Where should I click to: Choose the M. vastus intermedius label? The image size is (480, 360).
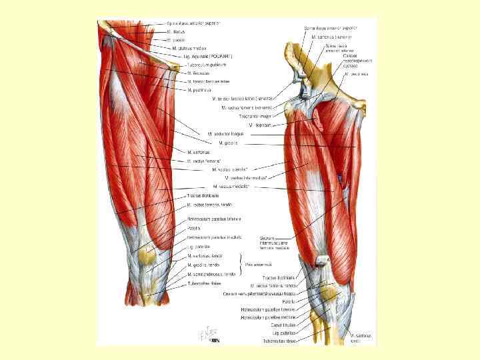click(x=246, y=178)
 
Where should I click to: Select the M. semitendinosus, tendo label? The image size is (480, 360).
click(x=211, y=273)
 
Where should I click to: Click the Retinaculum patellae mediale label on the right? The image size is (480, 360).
click(x=261, y=317)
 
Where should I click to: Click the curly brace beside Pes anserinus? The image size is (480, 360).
click(x=239, y=265)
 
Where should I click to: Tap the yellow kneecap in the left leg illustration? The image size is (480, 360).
click(x=148, y=254)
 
